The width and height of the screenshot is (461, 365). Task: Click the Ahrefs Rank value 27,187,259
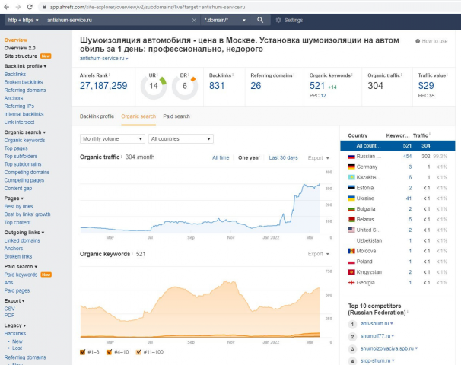[x=103, y=86]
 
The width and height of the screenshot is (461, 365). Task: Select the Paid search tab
[x=176, y=116]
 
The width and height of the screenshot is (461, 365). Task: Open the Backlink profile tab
[x=97, y=116]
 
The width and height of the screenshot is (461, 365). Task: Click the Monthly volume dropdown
[x=113, y=139]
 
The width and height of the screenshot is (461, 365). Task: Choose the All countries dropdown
[x=180, y=139]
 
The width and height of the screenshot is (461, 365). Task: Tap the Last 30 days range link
[x=283, y=157]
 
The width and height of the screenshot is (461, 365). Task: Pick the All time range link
[x=221, y=157]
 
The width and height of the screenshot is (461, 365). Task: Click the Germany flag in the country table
[x=351, y=166]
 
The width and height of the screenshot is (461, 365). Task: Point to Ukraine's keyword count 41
[x=409, y=198]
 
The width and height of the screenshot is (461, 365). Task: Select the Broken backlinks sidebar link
[x=23, y=82]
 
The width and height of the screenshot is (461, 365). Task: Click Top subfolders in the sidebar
[x=21, y=156]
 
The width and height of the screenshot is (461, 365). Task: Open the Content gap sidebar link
[x=18, y=187]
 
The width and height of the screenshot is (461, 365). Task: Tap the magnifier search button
[x=260, y=20]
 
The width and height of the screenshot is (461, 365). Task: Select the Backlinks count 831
[x=217, y=86]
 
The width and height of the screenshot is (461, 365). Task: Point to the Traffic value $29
[x=426, y=86]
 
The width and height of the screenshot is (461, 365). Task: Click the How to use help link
[x=434, y=41]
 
